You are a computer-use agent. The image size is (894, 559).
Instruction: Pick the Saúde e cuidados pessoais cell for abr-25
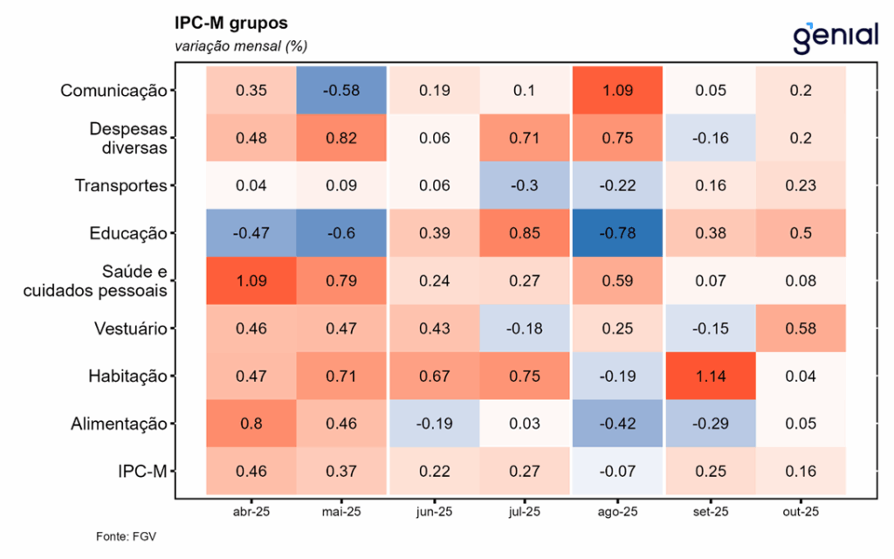click(x=251, y=281)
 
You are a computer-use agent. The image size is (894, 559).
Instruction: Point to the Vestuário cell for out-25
click(x=800, y=328)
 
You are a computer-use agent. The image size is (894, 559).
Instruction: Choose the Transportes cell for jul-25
click(x=526, y=185)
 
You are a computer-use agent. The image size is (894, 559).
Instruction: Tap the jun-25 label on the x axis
click(x=434, y=512)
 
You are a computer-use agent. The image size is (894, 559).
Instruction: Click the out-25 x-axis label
click(x=800, y=512)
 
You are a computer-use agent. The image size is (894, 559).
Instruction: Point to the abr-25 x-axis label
click(x=251, y=512)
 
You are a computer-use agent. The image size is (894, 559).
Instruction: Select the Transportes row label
click(x=120, y=185)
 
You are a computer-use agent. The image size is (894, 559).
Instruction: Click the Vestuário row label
click(x=129, y=328)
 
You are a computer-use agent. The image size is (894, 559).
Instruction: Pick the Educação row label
click(x=127, y=233)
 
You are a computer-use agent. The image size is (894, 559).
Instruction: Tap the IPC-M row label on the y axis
click(x=143, y=472)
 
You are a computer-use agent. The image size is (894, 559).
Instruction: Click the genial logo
click(x=835, y=36)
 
